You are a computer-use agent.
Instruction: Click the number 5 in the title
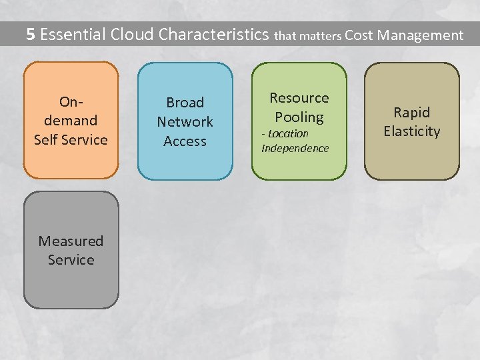click(x=30, y=35)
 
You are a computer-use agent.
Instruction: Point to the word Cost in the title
click(x=359, y=35)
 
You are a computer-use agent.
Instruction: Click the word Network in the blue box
click(x=185, y=122)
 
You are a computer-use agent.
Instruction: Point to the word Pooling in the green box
click(x=299, y=117)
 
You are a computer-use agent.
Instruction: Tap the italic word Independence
click(x=295, y=148)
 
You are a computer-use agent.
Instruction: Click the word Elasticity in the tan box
click(x=412, y=131)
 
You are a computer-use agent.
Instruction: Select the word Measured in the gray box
click(x=71, y=241)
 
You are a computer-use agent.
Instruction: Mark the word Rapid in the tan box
click(x=412, y=112)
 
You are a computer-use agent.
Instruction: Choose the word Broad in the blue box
click(x=185, y=103)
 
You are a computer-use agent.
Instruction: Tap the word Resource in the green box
click(x=299, y=98)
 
